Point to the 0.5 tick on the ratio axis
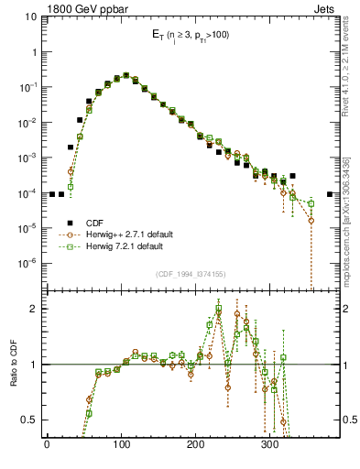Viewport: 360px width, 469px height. pos(30,420)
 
